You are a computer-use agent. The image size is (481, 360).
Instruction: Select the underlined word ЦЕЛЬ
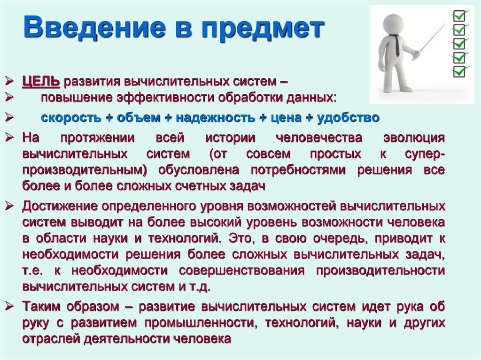coord(41,82)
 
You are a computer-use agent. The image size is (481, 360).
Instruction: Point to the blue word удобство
coord(348,117)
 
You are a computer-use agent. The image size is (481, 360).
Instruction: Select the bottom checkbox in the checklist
coord(459,72)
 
